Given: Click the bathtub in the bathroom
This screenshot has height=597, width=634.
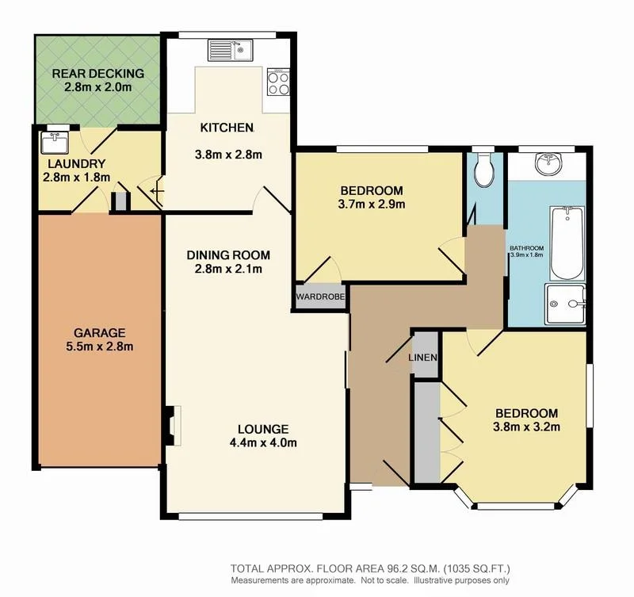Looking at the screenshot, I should [x=566, y=242].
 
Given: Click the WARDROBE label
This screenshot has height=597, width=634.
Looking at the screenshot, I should [x=320, y=297].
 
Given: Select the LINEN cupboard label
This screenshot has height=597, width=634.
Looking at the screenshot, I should [x=424, y=358].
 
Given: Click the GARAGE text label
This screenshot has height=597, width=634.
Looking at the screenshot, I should [x=97, y=332].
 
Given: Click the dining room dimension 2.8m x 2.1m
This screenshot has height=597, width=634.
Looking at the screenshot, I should [x=228, y=270].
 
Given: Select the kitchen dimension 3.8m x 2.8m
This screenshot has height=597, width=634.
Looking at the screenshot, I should [x=227, y=155].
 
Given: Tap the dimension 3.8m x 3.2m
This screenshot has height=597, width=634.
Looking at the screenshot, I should [x=527, y=427].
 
